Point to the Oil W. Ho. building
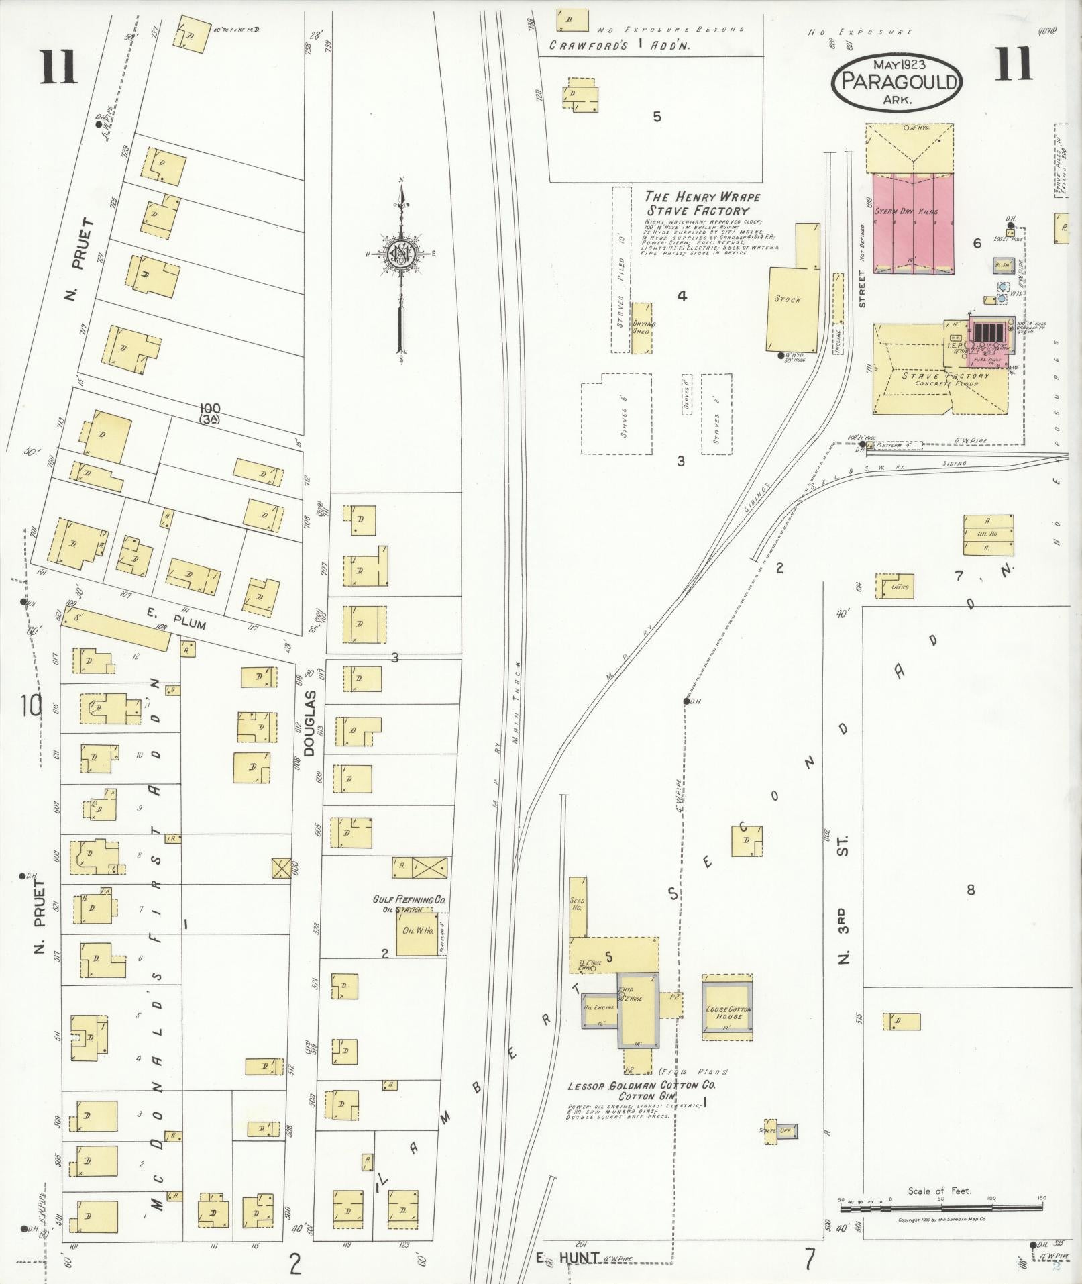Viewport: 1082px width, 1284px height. [x=418, y=934]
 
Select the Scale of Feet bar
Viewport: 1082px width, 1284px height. [x=939, y=1207]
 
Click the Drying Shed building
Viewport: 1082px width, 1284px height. [x=643, y=328]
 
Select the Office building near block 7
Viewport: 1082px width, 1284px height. [x=896, y=586]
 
